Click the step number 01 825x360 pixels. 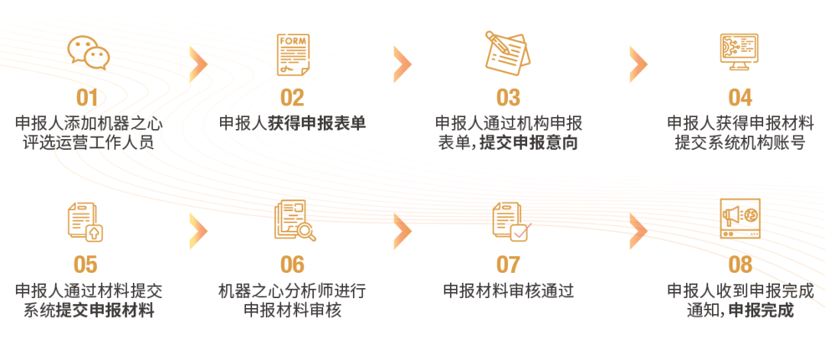[88, 98]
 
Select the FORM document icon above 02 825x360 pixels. [293, 54]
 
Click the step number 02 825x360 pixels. [293, 98]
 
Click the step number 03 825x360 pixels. [508, 98]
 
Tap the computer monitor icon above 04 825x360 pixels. [739, 52]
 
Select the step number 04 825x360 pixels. [739, 98]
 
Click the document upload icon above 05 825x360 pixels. [86, 221]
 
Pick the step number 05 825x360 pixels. [86, 264]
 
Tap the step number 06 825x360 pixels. [293, 264]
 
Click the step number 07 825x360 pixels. [508, 264]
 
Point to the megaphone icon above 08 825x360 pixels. [739, 219]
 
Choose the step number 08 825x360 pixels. [740, 264]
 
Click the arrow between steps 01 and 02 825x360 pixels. [199, 63]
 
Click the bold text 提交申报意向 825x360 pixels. [528, 143]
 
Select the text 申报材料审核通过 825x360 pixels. [508, 290]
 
